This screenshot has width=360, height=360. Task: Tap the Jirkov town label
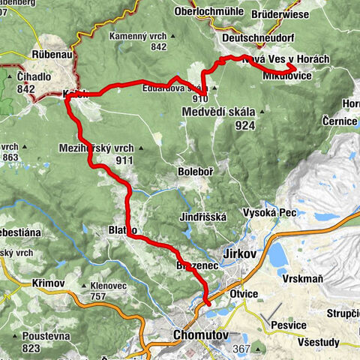click(241, 254)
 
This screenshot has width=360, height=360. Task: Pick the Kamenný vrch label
click(136, 36)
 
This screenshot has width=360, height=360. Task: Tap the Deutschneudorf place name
click(256, 36)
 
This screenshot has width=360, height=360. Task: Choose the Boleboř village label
click(195, 172)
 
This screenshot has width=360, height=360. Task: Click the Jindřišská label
click(202, 216)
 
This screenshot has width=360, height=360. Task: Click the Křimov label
click(49, 285)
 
